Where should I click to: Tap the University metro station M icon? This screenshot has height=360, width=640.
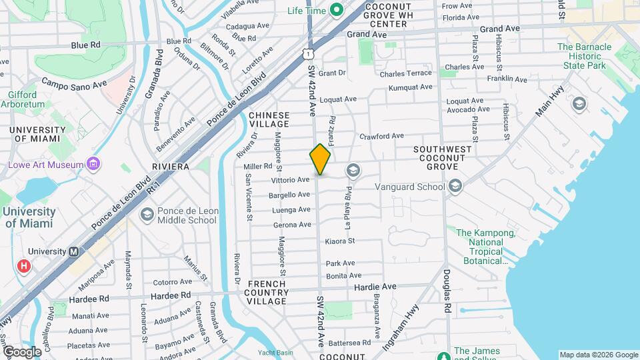point(74,251)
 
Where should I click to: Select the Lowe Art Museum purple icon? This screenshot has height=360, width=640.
point(94,164)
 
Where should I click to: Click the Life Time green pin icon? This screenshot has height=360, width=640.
point(337,10)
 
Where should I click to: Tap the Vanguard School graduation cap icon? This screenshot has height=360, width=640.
point(455,187)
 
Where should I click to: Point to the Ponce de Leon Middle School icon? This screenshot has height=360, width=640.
point(147,215)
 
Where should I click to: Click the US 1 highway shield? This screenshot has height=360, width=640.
point(307,51)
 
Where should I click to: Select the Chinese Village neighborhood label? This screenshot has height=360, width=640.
point(269,119)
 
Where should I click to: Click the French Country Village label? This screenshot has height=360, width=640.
point(267,292)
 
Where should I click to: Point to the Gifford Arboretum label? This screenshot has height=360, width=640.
point(27,100)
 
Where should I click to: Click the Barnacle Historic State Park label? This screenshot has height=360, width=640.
point(584,57)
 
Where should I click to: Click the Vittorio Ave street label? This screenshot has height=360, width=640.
point(290,180)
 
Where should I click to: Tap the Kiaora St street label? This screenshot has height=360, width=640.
point(341,241)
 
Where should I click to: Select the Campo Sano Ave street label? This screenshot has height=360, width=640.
point(74,84)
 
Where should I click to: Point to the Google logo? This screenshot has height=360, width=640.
point(22,352)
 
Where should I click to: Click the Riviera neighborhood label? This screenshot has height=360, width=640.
point(171,166)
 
